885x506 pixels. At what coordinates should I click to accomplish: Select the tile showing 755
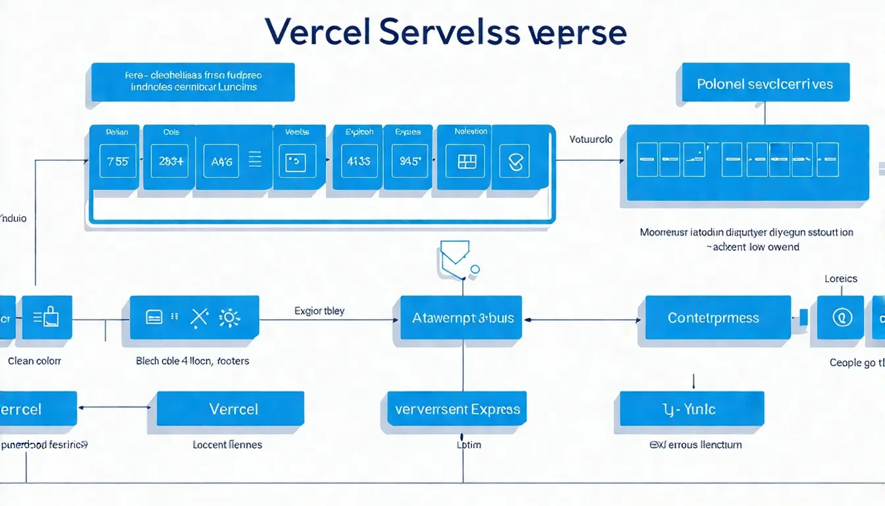pos(118,161)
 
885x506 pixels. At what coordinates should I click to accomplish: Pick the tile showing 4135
pos(359,161)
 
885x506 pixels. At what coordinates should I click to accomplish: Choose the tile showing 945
pos(410,161)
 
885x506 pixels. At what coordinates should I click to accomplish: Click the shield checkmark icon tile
pos(514,161)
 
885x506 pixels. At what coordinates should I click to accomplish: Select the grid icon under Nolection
pos(466,161)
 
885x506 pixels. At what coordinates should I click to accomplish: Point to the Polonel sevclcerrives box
pos(765,84)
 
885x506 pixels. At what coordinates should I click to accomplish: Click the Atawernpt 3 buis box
pos(462,318)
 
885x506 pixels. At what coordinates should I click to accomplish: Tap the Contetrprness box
pos(714,318)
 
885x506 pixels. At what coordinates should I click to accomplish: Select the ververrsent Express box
pos(458,409)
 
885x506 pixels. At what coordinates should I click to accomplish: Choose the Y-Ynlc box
pos(691,408)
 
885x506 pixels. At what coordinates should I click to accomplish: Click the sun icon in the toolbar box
pos(229,318)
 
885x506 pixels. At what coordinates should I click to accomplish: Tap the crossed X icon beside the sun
pos(199,318)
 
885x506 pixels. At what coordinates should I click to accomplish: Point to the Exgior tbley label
pos(319,310)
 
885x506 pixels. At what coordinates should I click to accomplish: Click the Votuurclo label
pos(591,139)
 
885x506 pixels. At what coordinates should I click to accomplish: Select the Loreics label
pos(841,279)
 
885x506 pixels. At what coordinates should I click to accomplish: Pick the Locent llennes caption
pos(227,445)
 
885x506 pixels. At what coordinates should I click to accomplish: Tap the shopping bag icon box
pos(47,318)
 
